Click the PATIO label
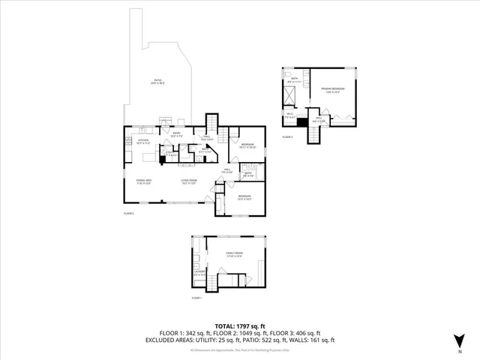click(157, 80)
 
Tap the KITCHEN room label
click(143, 139)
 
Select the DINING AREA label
click(144, 180)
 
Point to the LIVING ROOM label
click(187, 180)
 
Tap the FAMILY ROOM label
click(234, 253)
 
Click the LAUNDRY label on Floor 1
click(199, 272)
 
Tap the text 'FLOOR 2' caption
click(128, 213)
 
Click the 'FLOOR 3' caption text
click(288, 137)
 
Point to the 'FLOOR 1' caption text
click(196, 298)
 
